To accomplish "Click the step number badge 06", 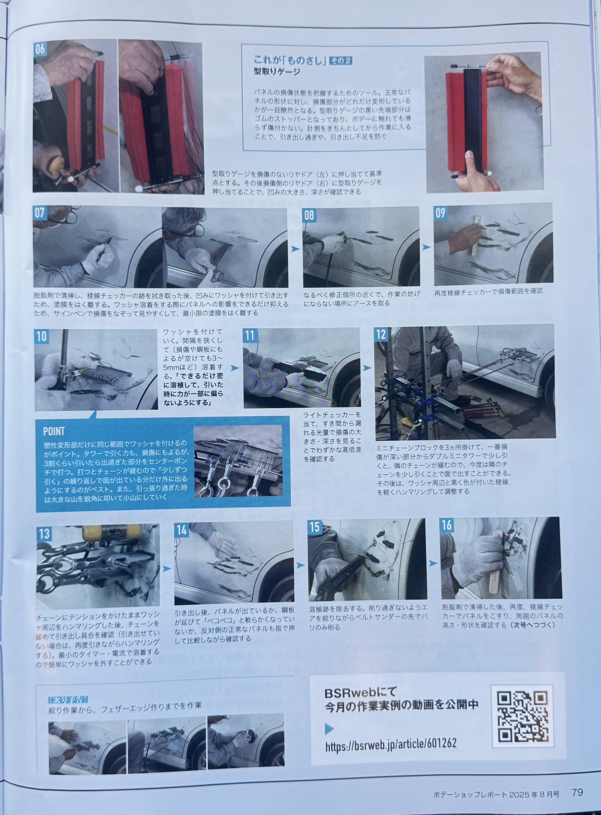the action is pyautogui.click(x=40, y=49).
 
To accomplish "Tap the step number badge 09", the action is pyautogui.click(x=441, y=213).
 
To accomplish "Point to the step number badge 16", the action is pyautogui.click(x=447, y=525).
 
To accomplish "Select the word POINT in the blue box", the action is pyautogui.click(x=54, y=431).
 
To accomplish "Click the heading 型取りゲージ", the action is pyautogui.click(x=277, y=72).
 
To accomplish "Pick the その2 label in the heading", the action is pyautogui.click(x=340, y=61).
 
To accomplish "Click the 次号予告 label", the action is pyautogui.click(x=68, y=690).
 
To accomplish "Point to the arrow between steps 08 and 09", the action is pyautogui.click(x=426, y=247).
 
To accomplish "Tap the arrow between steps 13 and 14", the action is pyautogui.click(x=167, y=569).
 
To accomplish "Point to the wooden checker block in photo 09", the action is pyautogui.click(x=476, y=236).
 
